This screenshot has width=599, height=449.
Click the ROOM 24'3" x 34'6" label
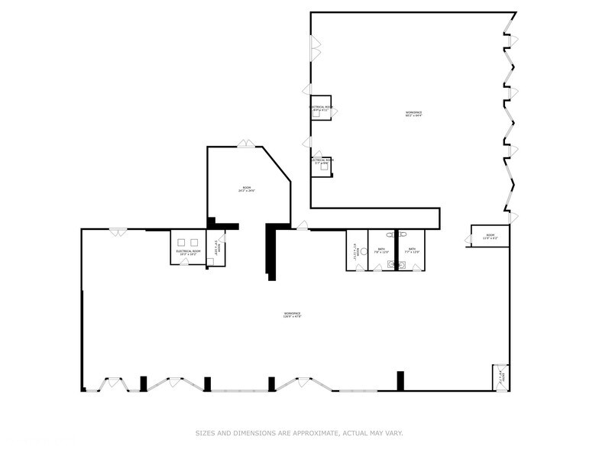tap(246, 189)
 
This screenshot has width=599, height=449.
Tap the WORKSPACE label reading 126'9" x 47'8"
tap(292, 315)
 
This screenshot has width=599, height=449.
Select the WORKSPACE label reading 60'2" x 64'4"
tap(413, 114)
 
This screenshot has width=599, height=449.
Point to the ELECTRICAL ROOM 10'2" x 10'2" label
tap(188, 252)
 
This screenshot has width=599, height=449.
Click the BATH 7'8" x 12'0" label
tap(381, 250)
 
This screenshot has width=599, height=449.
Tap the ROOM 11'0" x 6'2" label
tap(491, 237)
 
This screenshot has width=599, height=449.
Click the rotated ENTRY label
tap(500, 376)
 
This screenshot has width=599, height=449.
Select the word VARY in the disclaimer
tap(393, 433)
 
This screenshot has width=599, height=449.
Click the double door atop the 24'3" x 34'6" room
tap(245, 144)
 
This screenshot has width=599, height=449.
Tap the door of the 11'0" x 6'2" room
tap(468, 240)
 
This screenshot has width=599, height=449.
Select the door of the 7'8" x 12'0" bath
tap(377, 268)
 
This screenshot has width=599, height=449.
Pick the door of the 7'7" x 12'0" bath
tap(416, 268)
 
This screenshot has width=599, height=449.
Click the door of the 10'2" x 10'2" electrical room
tap(184, 262)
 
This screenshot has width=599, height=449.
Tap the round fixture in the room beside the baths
tap(363, 251)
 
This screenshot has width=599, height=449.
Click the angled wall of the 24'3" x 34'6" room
tap(277, 163)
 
